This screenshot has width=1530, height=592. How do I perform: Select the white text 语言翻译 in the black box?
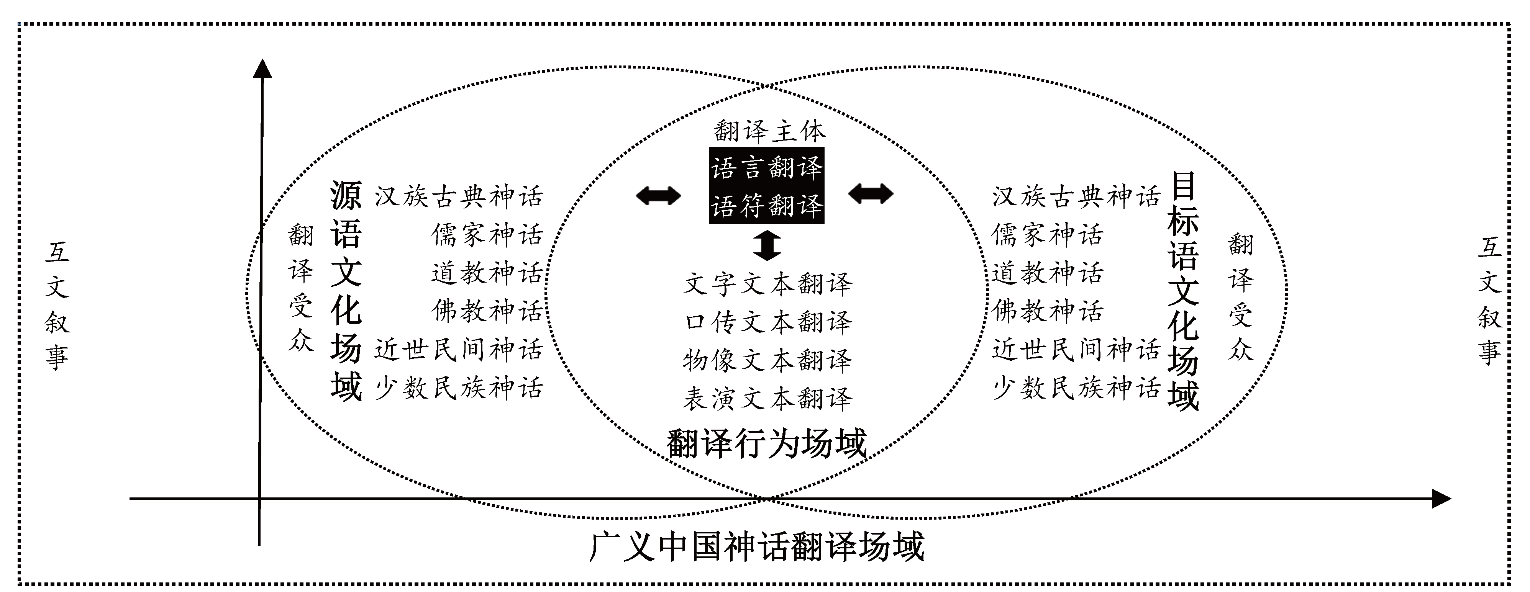(767, 167)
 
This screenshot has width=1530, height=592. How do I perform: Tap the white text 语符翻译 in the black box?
(767, 206)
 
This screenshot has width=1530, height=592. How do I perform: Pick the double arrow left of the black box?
(658, 195)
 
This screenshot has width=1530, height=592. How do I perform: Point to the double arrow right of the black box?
(870, 194)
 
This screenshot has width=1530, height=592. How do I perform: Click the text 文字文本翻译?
(768, 284)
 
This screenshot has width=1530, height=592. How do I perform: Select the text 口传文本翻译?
(768, 322)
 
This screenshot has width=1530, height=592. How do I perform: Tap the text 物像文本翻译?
(768, 360)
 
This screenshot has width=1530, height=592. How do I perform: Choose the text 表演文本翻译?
(768, 398)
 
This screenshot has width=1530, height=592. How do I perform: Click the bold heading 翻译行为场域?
(767, 443)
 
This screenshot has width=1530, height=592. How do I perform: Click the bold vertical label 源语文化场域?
(346, 291)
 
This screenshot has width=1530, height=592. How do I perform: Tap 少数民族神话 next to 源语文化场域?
(459, 388)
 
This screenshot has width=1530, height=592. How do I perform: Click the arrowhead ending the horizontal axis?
(1441, 499)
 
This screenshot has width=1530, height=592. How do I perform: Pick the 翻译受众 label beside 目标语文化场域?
(1241, 297)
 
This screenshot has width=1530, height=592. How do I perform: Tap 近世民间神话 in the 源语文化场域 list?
(459, 349)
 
